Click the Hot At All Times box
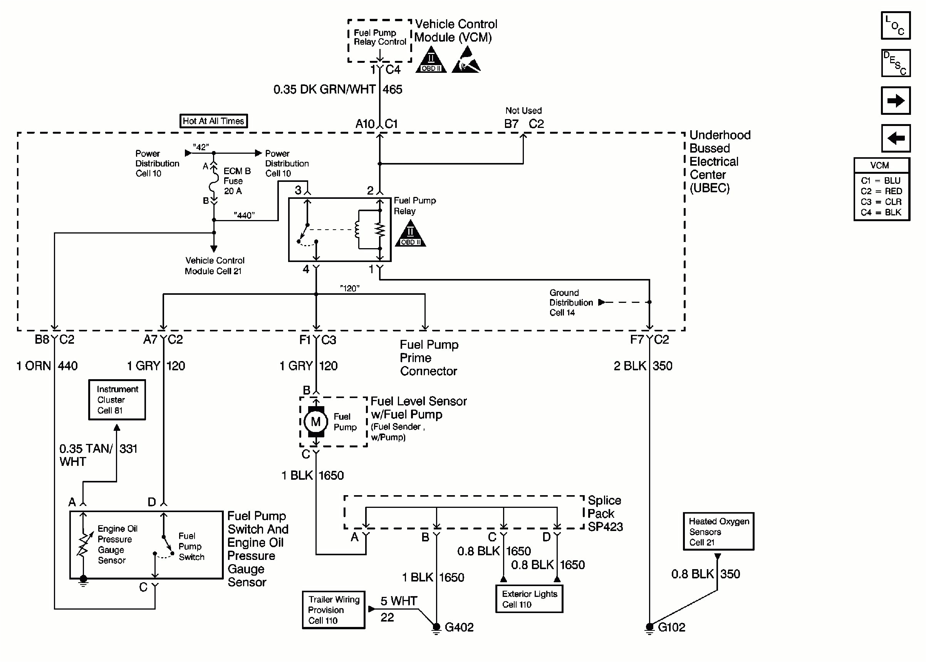pos(213,121)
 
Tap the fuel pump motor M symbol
pos(316,422)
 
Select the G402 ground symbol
pos(436,628)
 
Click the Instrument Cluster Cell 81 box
pos(117,400)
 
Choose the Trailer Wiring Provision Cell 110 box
pos(334,610)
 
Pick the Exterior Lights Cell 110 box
pos(529,599)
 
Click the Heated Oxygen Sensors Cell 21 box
pos(719,531)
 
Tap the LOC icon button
pos(896,26)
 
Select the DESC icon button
pos(896,63)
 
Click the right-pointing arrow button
pos(896,101)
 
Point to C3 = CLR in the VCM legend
pos(881,202)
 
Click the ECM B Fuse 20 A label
pos(236,181)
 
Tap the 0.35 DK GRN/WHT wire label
pos(324,90)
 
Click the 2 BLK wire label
pos(630,366)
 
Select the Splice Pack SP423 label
pos(605,514)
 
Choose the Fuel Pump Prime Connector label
pos(429,358)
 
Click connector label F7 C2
pos(649,339)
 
